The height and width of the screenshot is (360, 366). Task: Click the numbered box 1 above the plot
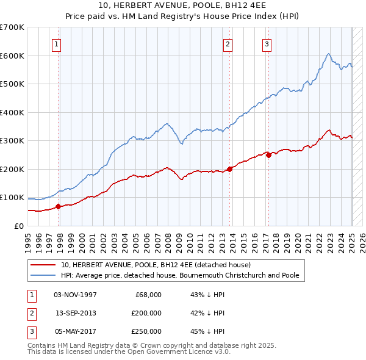click(x=56, y=43)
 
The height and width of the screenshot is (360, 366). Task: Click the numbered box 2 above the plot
click(x=228, y=43)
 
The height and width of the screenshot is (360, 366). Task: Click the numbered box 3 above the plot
click(x=267, y=43)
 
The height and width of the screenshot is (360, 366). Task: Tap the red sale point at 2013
click(x=230, y=169)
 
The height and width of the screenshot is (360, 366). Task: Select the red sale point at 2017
click(x=269, y=155)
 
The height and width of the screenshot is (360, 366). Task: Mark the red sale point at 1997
click(x=59, y=206)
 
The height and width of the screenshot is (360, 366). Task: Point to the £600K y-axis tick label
click(x=12, y=56)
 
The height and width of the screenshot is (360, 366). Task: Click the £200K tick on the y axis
click(x=12, y=169)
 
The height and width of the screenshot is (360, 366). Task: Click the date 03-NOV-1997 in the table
click(x=76, y=295)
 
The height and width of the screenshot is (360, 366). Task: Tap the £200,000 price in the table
click(x=146, y=313)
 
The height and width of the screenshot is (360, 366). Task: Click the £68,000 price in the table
click(x=148, y=295)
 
